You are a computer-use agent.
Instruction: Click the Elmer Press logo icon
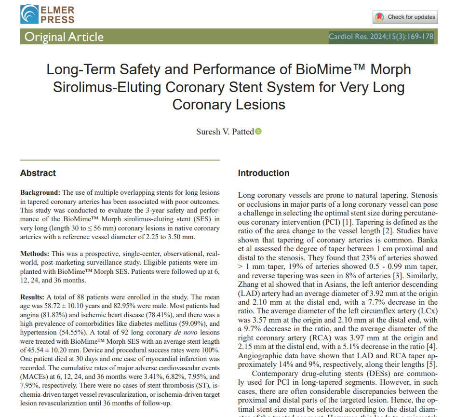point(29,14)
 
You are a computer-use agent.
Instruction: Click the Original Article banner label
point(64,37)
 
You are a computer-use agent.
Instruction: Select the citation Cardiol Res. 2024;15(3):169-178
point(381,37)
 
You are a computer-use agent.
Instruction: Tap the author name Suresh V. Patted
point(225,132)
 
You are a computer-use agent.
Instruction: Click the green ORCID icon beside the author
point(258,132)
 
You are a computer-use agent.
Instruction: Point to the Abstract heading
point(38,173)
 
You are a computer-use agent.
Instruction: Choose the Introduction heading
point(264,173)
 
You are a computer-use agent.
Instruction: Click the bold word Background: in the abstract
point(40,192)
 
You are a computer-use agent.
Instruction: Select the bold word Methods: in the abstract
point(35,254)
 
